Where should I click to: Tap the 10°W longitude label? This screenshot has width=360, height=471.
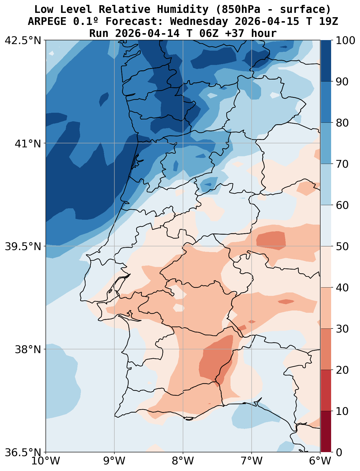46,461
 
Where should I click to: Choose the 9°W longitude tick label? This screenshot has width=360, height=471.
114,461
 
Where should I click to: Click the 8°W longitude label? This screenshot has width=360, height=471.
183,461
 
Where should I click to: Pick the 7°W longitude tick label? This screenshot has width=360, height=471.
252,461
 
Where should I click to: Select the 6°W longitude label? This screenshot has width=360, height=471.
320,461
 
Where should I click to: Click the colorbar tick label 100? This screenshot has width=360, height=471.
346,40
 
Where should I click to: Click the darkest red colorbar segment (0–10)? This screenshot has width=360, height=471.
326,432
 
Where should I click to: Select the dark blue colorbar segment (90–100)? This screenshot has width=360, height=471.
326,61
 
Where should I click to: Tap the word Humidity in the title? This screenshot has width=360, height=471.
182,9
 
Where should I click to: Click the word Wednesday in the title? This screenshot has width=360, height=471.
199,21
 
